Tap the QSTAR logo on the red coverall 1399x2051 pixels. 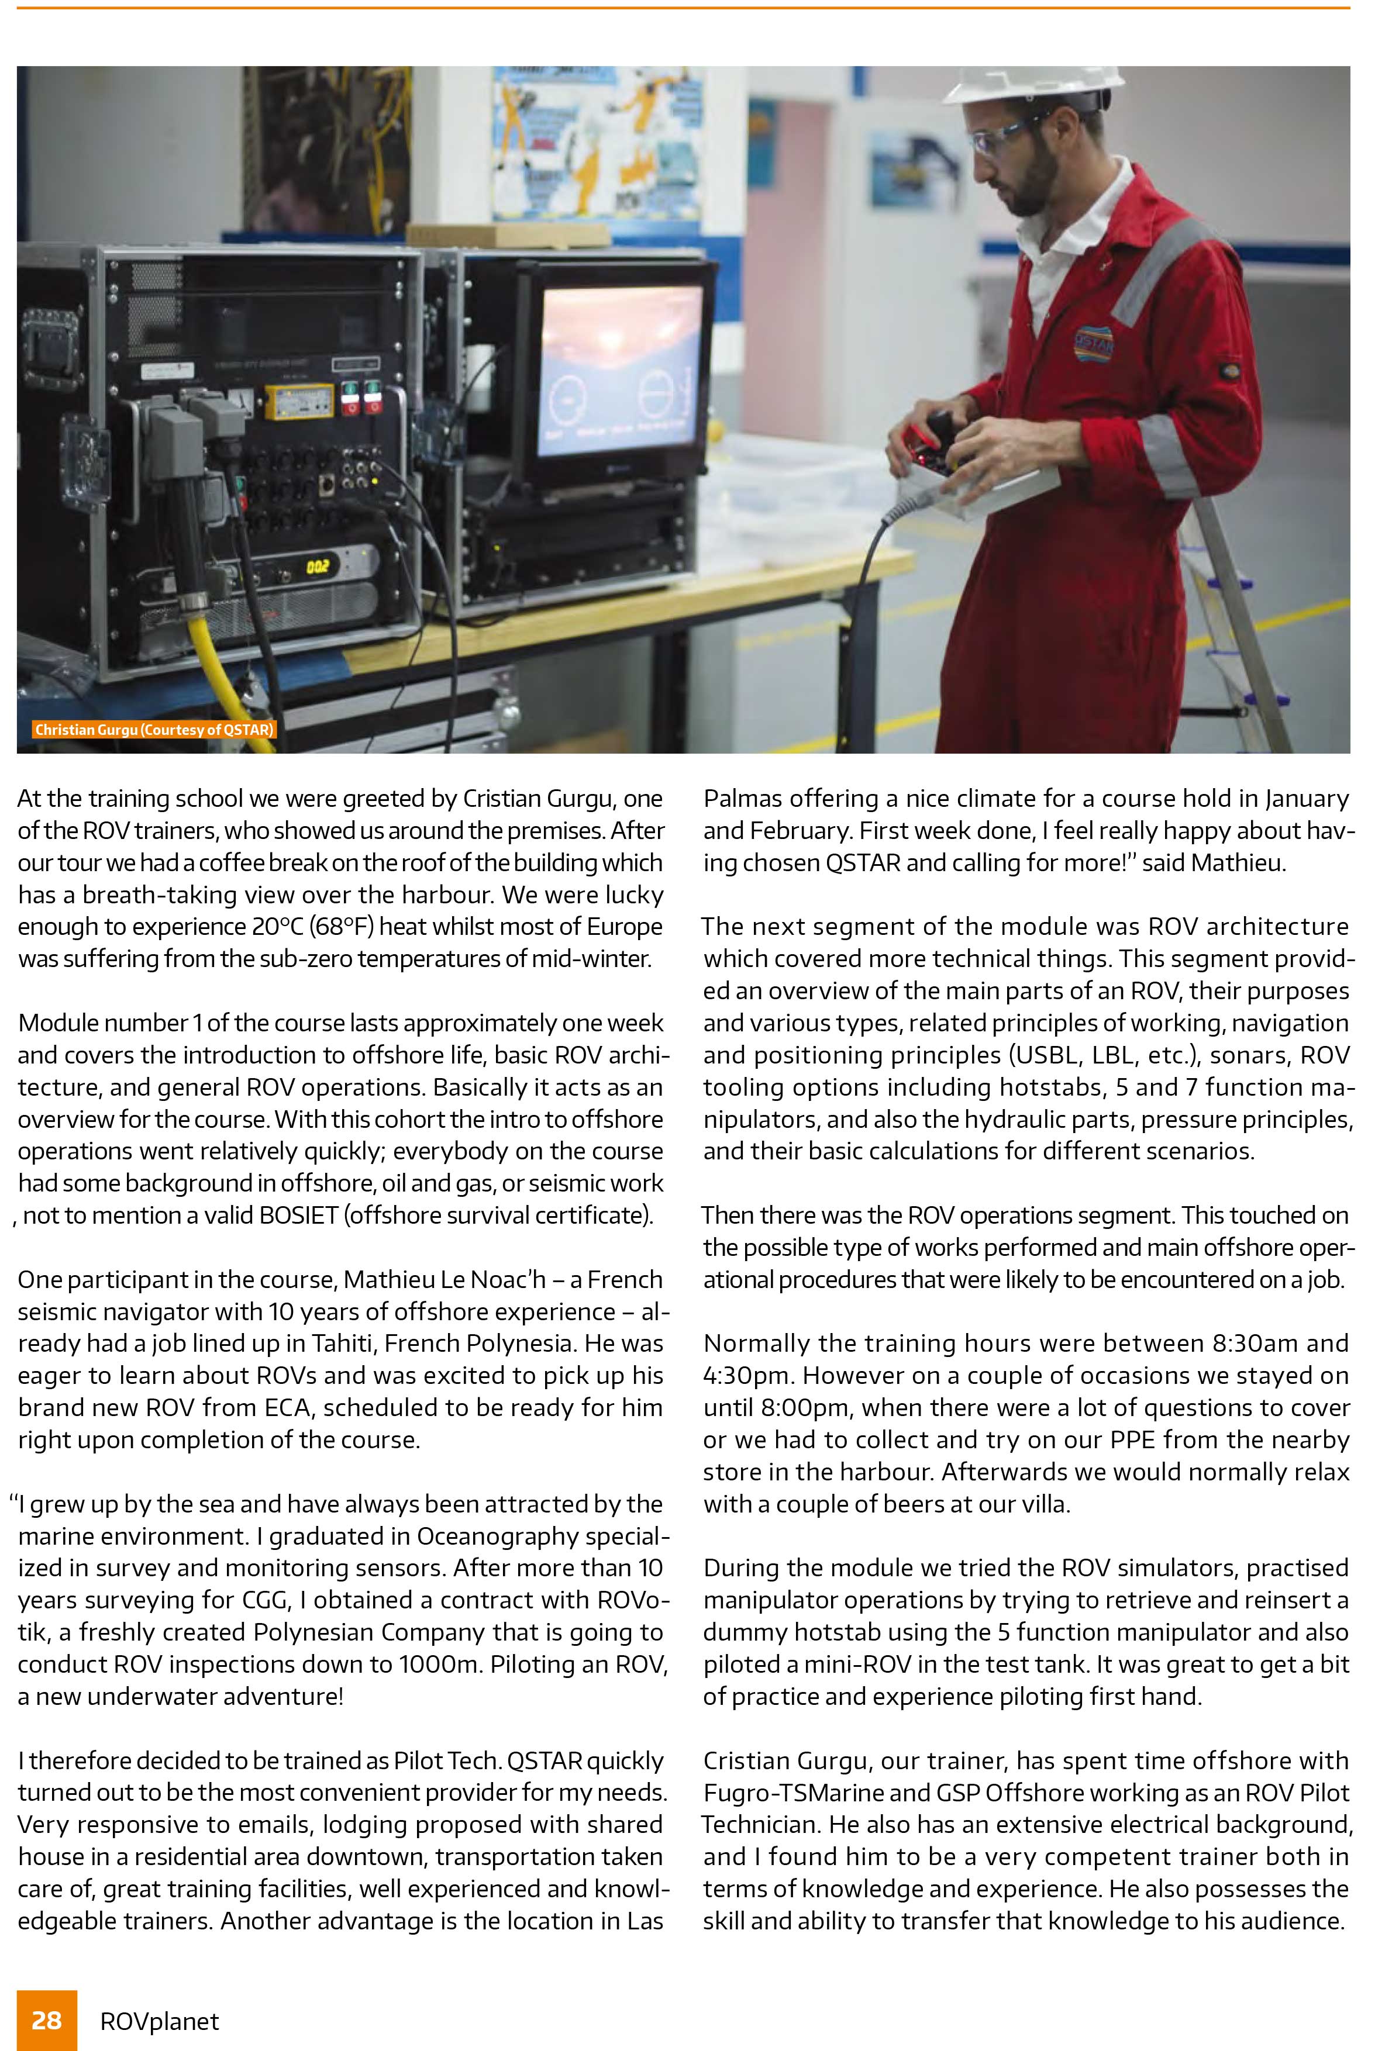[x=1094, y=343]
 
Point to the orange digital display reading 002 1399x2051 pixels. [x=318, y=566]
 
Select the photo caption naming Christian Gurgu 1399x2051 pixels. [x=154, y=730]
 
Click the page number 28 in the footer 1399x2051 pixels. [x=47, y=2020]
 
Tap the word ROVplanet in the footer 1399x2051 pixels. [x=160, y=2021]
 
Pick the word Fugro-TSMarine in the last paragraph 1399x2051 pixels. [x=780, y=1793]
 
